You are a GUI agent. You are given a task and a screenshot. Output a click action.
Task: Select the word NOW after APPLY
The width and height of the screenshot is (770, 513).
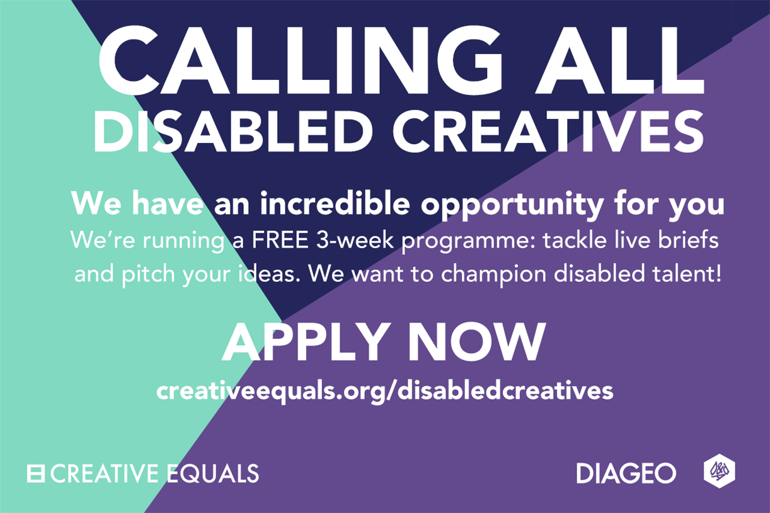tap(479, 342)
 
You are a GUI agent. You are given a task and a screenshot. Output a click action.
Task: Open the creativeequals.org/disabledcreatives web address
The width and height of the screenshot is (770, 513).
tap(384, 391)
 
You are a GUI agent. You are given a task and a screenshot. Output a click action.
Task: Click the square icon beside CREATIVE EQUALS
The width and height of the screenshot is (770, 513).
tap(35, 473)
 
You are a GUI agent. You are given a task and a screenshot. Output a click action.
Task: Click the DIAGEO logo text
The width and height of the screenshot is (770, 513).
tap(626, 473)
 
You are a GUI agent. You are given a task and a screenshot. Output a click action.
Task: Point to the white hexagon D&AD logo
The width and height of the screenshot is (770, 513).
tap(720, 471)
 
